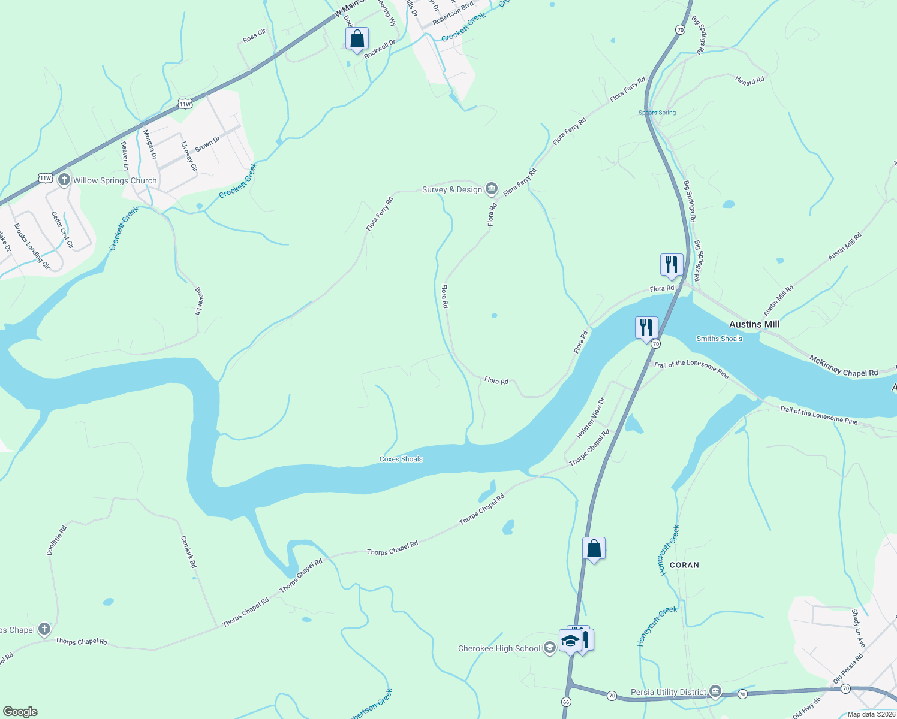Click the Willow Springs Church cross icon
(x=64, y=180)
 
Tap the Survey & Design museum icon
(x=492, y=189)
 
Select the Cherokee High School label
(x=499, y=648)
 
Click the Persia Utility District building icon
(x=715, y=692)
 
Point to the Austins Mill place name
(x=754, y=324)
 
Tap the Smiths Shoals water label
(x=719, y=339)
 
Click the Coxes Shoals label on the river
(x=401, y=459)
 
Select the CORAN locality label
(x=684, y=565)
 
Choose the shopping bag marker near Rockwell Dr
(x=357, y=39)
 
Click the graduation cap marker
(x=570, y=641)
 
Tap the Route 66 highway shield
(x=567, y=702)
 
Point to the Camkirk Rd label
(x=189, y=552)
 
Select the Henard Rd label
(x=749, y=80)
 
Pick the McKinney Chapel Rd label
(x=843, y=365)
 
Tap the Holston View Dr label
(x=591, y=418)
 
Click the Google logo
(x=20, y=711)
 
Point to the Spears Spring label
(x=657, y=113)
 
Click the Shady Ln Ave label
(x=859, y=628)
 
